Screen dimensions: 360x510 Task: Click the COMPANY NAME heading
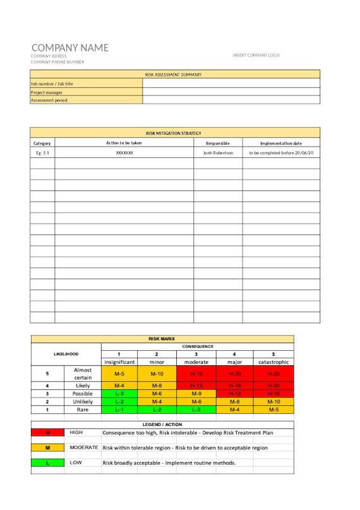tap(70, 48)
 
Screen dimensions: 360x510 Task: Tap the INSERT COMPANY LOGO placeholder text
tap(256, 56)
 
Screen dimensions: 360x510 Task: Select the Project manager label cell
tap(86, 92)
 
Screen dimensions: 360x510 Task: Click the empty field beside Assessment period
tap(231, 100)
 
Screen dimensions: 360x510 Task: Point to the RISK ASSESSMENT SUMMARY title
tap(174, 75)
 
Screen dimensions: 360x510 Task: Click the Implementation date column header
tap(281, 143)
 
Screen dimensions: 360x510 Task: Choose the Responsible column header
tap(218, 143)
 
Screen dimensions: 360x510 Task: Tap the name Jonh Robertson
tap(218, 153)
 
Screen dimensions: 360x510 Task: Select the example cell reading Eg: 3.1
tap(42, 153)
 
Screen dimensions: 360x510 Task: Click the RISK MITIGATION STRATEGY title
tap(174, 133)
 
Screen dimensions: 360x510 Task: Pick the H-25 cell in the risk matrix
tap(273, 374)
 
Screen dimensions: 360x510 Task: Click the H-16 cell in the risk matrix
tap(234, 385)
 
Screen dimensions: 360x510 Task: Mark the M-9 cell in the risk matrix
tap(196, 393)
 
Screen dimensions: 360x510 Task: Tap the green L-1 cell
tap(119, 410)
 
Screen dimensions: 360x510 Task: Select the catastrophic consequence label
tap(273, 362)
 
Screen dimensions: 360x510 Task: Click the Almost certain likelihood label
tap(83, 373)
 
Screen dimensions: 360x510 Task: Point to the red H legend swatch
tap(48, 433)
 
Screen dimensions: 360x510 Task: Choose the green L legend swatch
tap(48, 463)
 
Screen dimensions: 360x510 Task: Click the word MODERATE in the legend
tap(84, 447)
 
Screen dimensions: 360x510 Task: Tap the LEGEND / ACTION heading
tap(162, 424)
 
